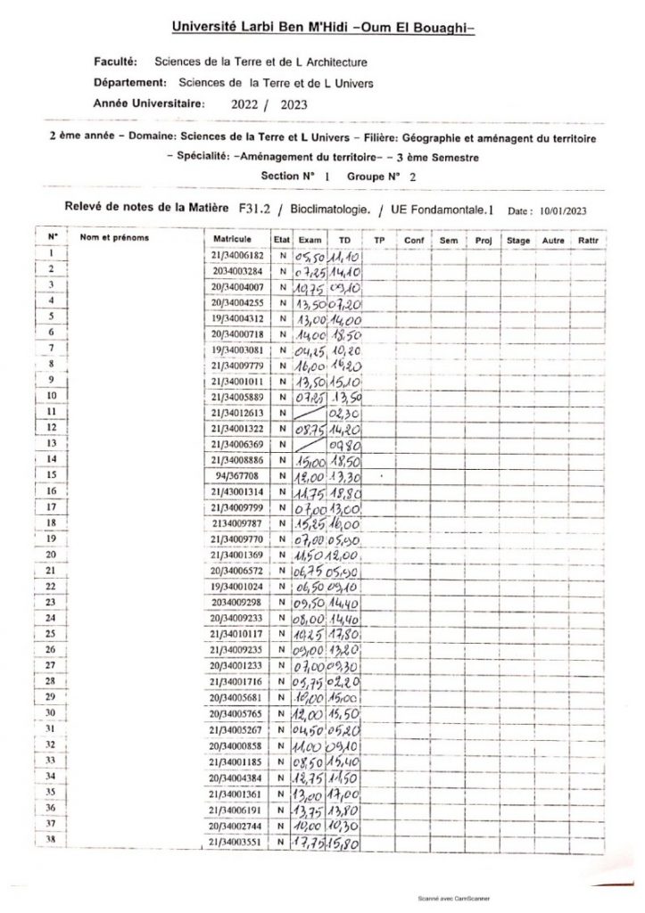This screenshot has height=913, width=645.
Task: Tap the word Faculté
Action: click(115, 62)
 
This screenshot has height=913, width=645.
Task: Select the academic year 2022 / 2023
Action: click(268, 103)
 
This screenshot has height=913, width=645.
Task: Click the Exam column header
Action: click(309, 240)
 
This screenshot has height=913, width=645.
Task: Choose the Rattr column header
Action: click(588, 240)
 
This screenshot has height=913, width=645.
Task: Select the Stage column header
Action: click(517, 240)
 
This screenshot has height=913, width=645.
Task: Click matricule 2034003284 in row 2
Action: click(233, 270)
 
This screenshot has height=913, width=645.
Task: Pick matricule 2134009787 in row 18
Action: click(233, 523)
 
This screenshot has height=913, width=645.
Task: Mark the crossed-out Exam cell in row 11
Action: click(310, 413)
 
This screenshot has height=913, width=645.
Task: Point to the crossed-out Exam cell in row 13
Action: click(310, 444)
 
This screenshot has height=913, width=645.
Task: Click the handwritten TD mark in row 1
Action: click(343, 255)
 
